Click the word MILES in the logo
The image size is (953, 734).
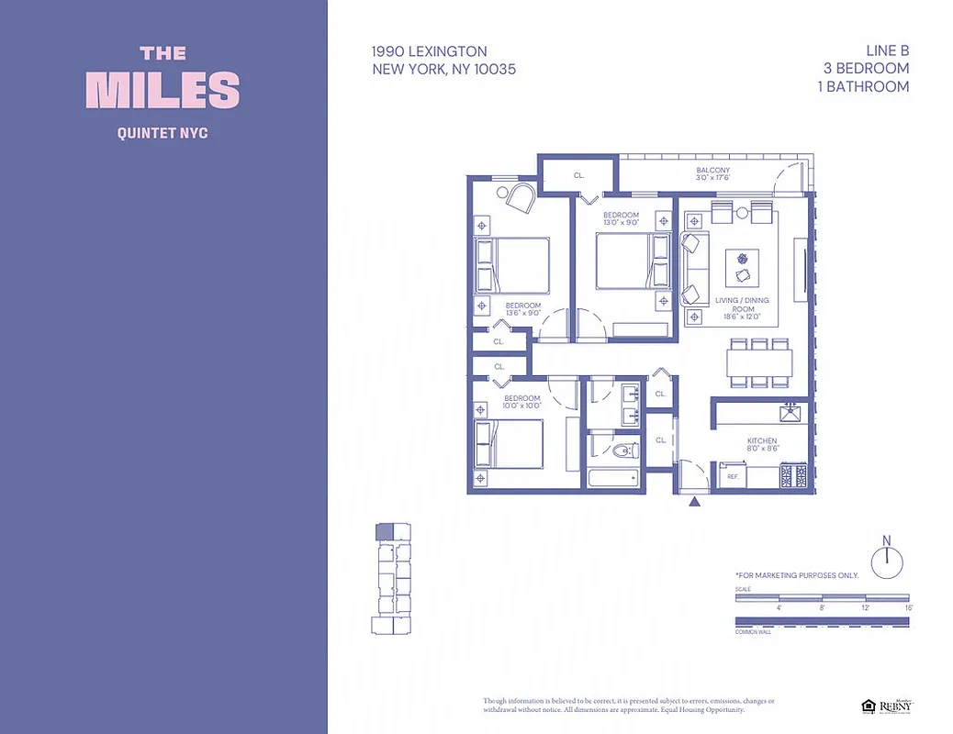(x=163, y=90)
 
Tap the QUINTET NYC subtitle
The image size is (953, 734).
(x=163, y=133)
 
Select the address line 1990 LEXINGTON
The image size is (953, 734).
(x=429, y=51)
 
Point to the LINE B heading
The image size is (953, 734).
(x=886, y=51)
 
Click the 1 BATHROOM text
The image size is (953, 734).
(x=867, y=86)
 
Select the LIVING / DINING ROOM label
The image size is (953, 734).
(x=743, y=305)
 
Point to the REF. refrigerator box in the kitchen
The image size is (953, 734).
(x=733, y=477)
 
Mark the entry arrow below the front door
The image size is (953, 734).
(x=694, y=501)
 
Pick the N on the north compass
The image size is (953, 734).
(x=887, y=540)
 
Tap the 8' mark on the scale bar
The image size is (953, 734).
(x=822, y=607)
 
